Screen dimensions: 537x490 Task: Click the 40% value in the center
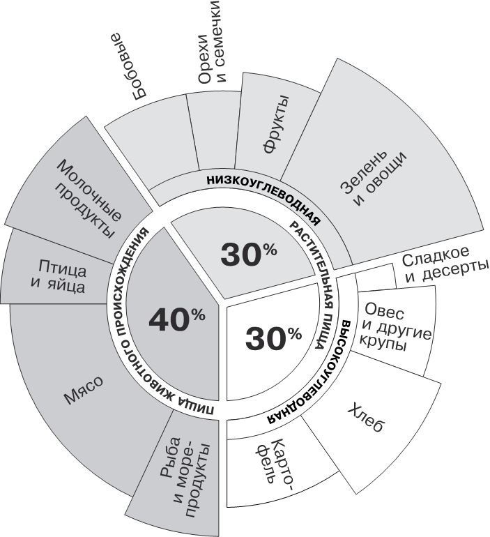point(176,319)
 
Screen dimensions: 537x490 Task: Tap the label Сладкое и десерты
point(445,268)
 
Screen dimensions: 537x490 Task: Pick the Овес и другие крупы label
point(393,325)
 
